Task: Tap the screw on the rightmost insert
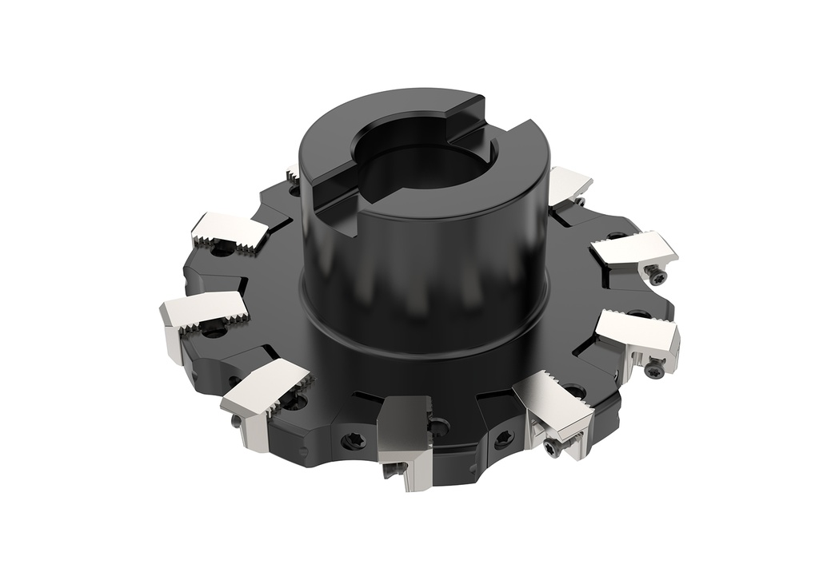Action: (x=655, y=367)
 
